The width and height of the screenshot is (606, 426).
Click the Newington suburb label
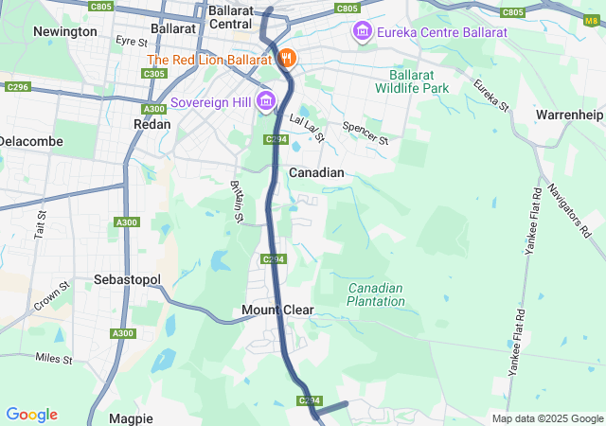64,31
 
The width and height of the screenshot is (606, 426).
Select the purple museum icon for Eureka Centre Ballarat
362,33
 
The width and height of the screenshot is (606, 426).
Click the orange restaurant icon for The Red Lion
288,59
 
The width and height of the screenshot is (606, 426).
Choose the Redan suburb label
151,124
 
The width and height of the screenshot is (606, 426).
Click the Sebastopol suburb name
128,280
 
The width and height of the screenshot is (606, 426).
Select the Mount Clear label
277,311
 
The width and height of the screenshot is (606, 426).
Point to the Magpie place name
131,417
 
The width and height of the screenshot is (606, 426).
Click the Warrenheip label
569,115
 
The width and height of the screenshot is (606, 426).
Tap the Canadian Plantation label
376,294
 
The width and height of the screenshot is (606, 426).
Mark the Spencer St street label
365,133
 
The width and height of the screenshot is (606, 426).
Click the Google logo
31,415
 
